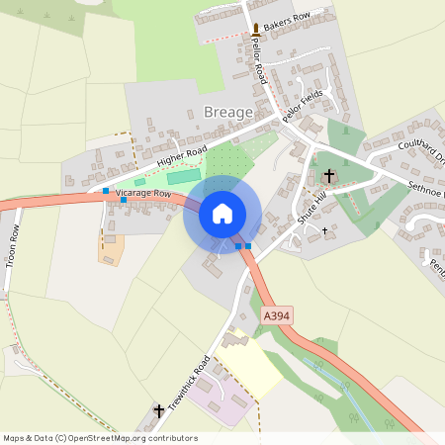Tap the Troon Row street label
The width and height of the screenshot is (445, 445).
click(14, 247)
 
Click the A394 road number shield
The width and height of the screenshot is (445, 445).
click(277, 313)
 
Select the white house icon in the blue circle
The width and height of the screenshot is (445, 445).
click(222, 214)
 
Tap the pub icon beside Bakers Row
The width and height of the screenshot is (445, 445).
click(257, 30)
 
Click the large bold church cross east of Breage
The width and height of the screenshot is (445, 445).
click(329, 176)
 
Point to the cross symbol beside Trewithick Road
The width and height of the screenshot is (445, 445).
click(158, 410)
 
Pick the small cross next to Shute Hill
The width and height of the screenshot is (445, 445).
click(324, 229)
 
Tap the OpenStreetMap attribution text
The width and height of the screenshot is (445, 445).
click(100, 438)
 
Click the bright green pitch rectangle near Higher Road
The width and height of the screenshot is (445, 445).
click(183, 178)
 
